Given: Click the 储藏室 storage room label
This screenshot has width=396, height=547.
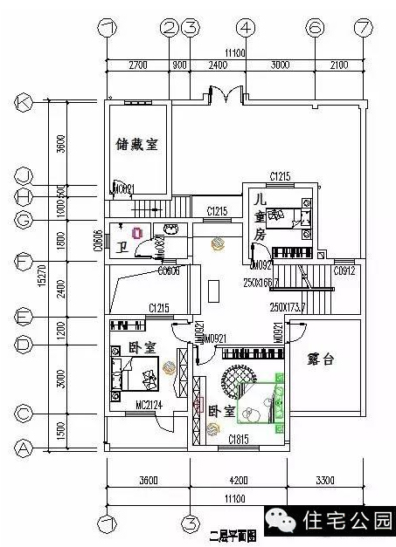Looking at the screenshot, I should point(136,145).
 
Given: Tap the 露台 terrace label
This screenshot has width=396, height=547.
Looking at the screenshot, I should point(321,359).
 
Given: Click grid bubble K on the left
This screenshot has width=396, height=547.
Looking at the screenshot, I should point(23,103).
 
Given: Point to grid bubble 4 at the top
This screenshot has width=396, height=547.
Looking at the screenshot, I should point(247,28).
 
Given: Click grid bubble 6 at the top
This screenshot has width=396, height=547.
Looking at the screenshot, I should point(314,28).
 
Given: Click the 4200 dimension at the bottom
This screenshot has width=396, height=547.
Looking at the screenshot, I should point(239,479).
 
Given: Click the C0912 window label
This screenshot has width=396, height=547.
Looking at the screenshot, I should point(344,271).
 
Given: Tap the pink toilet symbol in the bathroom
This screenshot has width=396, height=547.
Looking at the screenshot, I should point(136,232).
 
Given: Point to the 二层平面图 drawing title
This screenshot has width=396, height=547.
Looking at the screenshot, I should point(233,532).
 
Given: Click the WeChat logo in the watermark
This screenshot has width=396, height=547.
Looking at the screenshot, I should point(285,521).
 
